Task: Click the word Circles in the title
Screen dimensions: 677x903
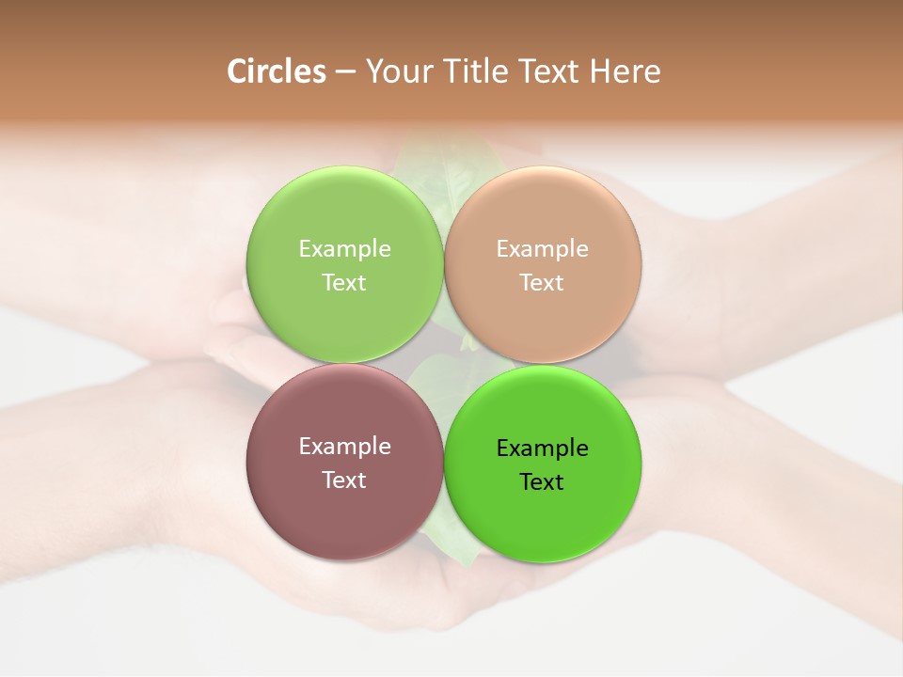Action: tap(276, 71)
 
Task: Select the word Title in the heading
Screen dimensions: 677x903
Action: tap(479, 71)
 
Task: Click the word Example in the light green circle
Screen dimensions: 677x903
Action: tap(344, 249)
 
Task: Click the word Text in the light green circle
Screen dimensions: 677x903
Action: tap(344, 283)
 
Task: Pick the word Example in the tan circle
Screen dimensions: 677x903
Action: tap(543, 249)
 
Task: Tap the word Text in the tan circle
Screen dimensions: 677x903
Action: tap(543, 283)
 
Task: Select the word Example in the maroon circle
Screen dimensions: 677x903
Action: tap(344, 447)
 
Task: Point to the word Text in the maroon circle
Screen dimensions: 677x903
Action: tap(344, 480)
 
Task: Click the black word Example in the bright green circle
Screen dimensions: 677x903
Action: tap(543, 449)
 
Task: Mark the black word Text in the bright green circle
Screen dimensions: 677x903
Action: tap(543, 482)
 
